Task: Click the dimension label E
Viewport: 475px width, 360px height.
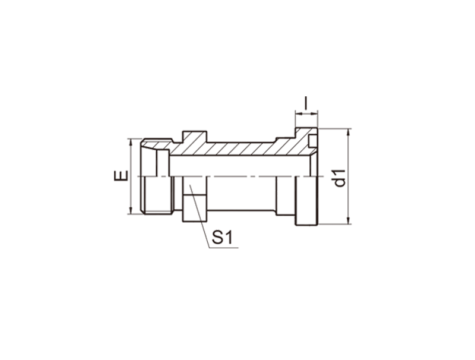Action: click(x=121, y=176)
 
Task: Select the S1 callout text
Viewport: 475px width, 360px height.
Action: click(x=222, y=237)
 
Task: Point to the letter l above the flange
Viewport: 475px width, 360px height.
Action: click(x=306, y=103)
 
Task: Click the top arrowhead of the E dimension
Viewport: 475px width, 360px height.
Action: click(x=131, y=142)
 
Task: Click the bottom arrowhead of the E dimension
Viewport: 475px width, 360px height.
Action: click(x=131, y=211)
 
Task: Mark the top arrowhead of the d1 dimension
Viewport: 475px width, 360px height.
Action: click(x=349, y=132)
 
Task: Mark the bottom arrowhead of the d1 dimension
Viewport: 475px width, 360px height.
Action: click(x=349, y=220)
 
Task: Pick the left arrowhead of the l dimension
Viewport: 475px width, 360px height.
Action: click(x=299, y=113)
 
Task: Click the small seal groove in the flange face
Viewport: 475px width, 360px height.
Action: click(x=313, y=142)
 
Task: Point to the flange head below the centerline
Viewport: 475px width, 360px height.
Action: click(x=306, y=201)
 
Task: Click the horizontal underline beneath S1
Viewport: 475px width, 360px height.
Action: click(x=224, y=248)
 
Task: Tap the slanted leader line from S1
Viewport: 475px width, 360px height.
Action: click(x=199, y=216)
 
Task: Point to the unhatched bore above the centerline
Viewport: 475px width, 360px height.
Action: click(x=239, y=166)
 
